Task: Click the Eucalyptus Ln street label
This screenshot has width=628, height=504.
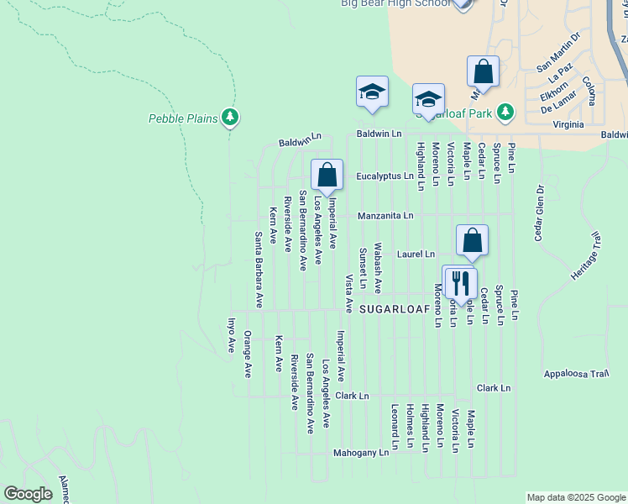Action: [x=385, y=176]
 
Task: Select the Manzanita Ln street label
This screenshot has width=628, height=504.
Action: [x=385, y=216]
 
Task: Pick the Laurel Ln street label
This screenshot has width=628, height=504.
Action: [x=417, y=254]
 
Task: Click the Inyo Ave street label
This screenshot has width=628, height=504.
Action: [x=232, y=335]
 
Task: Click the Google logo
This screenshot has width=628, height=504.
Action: [x=28, y=494]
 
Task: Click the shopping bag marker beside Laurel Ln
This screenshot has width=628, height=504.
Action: [x=473, y=240]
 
